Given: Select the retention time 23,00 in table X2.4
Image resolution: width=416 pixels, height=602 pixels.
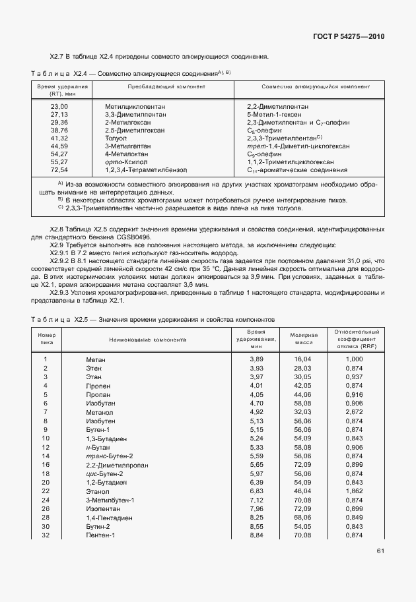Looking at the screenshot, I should pos(59,106).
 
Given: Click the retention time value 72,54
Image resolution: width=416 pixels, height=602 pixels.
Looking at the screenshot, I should pos(59,169).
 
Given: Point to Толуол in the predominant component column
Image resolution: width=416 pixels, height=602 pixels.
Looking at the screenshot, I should pos(116,138).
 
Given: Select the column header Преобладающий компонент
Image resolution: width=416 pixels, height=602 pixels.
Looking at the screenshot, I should pos(156,87).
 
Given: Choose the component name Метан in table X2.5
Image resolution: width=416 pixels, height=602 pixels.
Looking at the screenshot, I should pos(96,359).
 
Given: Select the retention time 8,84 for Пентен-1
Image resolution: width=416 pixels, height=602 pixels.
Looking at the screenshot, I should pos(256,535).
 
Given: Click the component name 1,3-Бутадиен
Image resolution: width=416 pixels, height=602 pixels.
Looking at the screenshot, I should pos(106,438).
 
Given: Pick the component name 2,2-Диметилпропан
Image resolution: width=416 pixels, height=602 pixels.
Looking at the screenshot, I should pos(113,464).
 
